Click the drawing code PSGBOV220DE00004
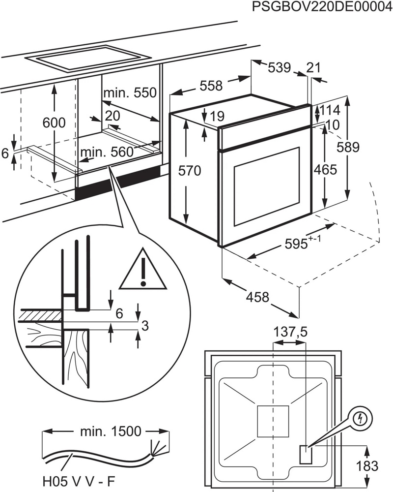pyautogui.click(x=321, y=7)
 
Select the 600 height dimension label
pyautogui.click(x=54, y=123)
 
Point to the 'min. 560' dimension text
pyautogui.click(x=107, y=152)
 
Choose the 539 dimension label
pyautogui.click(x=280, y=67)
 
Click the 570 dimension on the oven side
pyautogui.click(x=190, y=171)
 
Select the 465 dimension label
pyautogui.click(x=325, y=170)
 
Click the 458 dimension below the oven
pyautogui.click(x=257, y=297)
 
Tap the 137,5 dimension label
pyautogui.click(x=290, y=333)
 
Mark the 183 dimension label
pyautogui.click(x=367, y=465)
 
